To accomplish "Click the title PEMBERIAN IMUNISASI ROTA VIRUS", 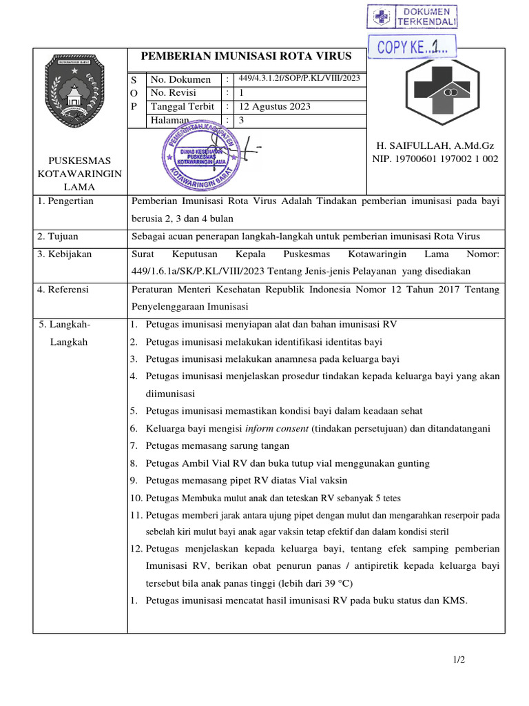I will (x=246, y=57).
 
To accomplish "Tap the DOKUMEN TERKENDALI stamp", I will (x=412, y=17).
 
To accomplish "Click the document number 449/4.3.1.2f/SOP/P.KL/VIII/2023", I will (x=299, y=79).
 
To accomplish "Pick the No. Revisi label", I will (x=173, y=92).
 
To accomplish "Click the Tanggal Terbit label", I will (x=183, y=106).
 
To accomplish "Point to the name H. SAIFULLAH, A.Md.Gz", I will (x=435, y=146).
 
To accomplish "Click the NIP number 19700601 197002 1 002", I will (x=435, y=159).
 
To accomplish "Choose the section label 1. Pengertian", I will (x=66, y=201).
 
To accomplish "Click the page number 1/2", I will (x=459, y=660).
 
